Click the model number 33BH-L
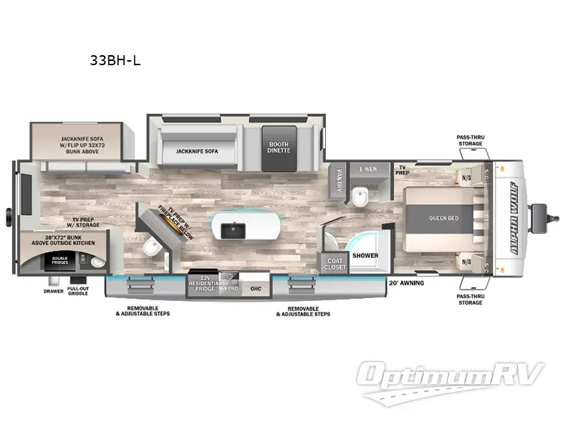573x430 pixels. click(115, 60)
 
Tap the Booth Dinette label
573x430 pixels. click(279, 148)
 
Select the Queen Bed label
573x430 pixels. click(443, 218)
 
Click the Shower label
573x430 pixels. click(365, 254)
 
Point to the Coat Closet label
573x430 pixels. click(334, 263)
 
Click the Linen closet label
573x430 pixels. click(368, 169)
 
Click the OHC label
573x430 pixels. click(256, 289)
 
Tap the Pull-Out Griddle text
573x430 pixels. click(78, 292)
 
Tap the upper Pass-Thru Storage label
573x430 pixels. click(470, 140)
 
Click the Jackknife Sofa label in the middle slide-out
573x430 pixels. click(196, 151)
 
